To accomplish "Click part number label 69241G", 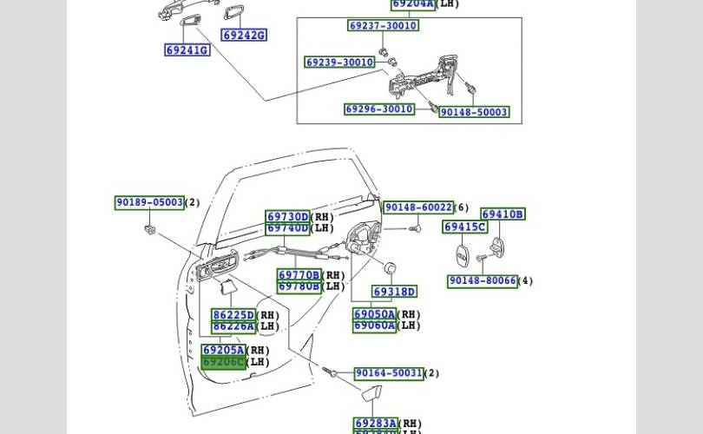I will coord(187,50).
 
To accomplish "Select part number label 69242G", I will coord(244,36).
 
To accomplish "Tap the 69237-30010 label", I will coord(383,26).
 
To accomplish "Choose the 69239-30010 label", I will coord(339,62).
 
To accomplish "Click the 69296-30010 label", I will coord(379,109).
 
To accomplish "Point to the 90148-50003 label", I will coord(474,112).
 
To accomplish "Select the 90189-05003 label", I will coord(149,203).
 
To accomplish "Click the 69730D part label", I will coord(287,217).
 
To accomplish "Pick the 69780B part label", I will coord(299,286).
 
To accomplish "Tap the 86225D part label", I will coord(233,315).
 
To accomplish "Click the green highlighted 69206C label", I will coord(224,362).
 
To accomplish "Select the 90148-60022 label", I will coord(418,207).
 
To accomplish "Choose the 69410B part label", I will coord(503,214).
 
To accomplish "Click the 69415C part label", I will coord(465,227).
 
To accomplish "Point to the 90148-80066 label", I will coord(483,281).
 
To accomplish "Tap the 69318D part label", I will coord(395,292).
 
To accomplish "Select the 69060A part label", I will coord(375,325).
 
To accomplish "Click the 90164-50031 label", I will coord(388,373).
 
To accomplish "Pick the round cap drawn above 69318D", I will coord(389,267).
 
